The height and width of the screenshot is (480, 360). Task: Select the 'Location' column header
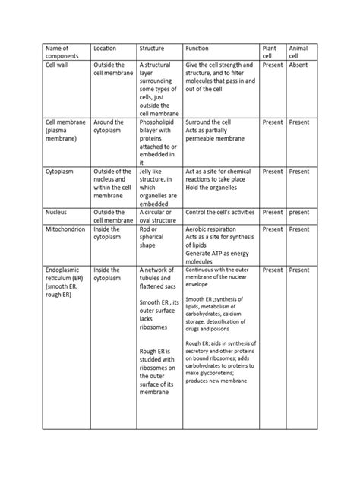tap(104, 49)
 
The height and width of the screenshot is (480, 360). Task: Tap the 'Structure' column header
tap(152, 49)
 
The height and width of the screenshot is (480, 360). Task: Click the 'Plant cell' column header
tap(270, 52)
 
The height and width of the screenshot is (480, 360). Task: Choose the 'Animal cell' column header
tap(298, 52)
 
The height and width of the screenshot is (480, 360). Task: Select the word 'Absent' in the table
tap(298, 65)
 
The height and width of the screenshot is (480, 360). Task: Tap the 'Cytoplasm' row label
tap(61, 172)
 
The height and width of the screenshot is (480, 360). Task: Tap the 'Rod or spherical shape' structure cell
tap(155, 238)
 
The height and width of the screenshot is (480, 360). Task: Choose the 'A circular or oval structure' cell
tap(158, 216)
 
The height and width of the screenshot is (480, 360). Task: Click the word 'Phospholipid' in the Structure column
tap(160, 122)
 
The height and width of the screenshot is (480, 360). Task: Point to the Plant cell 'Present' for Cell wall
tap(272, 65)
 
